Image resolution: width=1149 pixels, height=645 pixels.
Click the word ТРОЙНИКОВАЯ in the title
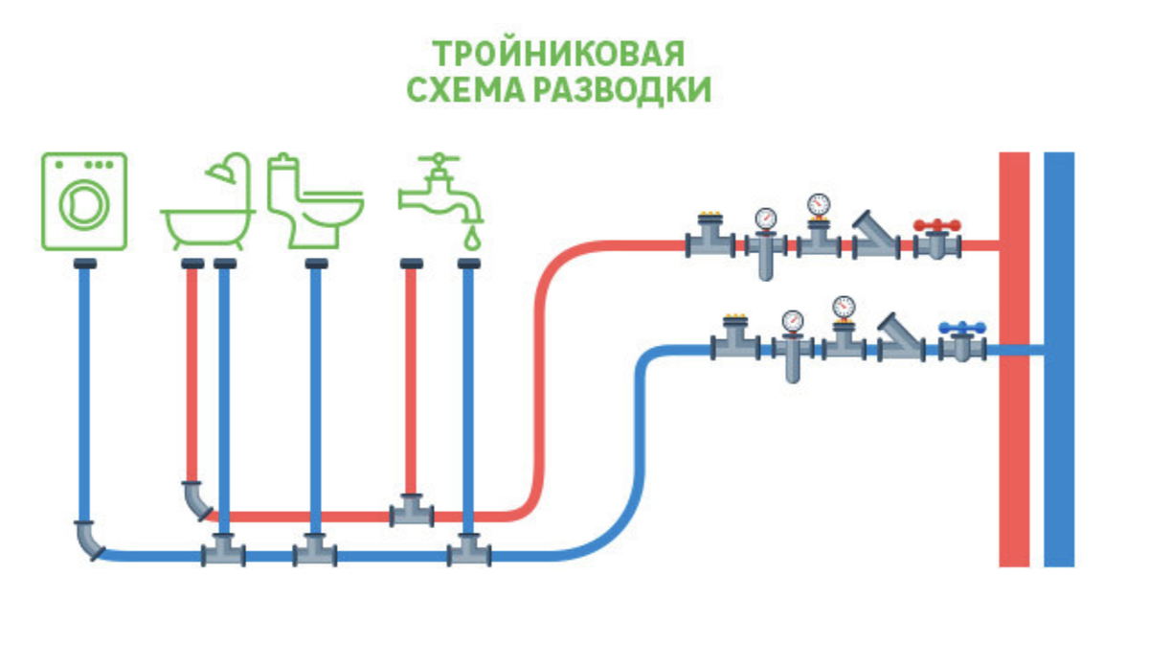pos(557,53)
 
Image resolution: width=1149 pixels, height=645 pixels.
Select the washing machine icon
pos(84,201)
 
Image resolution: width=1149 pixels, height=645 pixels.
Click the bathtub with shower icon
pos(208,203)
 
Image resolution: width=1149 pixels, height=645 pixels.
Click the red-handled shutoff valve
pos(936,240)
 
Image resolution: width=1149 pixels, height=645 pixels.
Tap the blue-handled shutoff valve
pos(962,342)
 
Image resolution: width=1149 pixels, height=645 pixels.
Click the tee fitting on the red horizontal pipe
pos(412,512)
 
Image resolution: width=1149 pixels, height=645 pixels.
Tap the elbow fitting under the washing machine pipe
pos(88,539)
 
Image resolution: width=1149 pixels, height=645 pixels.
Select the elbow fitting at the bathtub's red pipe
pos(196,499)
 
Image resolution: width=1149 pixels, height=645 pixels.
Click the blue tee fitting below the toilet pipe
pos(314,550)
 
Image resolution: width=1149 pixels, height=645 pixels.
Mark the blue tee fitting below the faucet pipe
pos(468,550)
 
